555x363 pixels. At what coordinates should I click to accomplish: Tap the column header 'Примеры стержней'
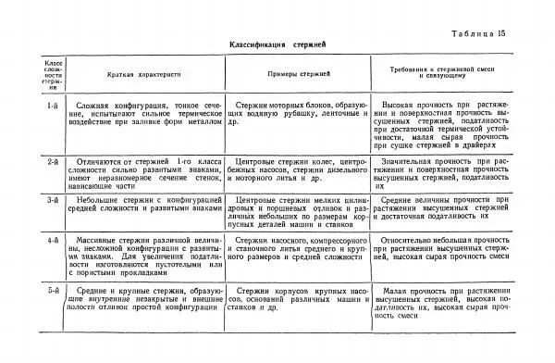click(x=297, y=74)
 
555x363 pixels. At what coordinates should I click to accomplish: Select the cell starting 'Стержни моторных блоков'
click(x=297, y=114)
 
